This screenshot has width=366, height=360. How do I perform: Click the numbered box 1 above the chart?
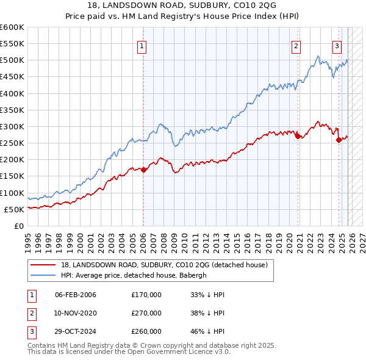click(142, 45)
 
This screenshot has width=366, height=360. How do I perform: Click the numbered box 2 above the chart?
click(296, 45)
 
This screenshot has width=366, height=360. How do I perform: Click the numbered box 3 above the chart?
click(337, 45)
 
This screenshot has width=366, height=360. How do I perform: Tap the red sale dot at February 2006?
click(143, 170)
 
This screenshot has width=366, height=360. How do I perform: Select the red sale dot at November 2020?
click(298, 137)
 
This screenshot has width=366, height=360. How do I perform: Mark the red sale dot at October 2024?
click(339, 140)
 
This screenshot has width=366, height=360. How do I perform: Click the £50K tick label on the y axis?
click(14, 209)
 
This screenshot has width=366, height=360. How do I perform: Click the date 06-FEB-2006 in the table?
click(76, 295)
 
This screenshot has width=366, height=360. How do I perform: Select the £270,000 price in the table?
click(146, 313)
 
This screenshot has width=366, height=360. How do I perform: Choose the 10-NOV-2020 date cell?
click(76, 313)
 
